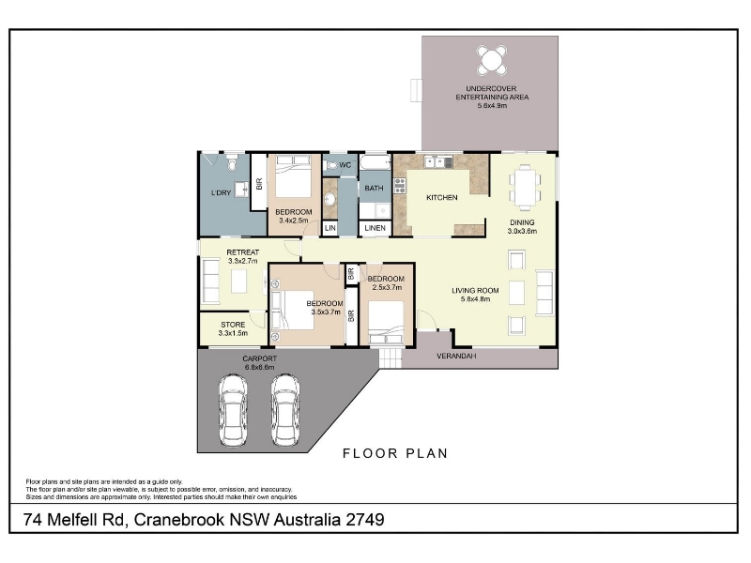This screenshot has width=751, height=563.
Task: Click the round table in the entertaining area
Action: coord(492,60)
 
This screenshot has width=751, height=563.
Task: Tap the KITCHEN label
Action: coord(441,197)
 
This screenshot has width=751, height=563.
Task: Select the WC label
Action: coord(345,165)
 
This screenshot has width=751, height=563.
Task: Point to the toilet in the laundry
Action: coord(232,162)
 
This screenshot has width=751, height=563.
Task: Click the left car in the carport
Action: coord(233,410)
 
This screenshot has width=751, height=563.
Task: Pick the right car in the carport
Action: coord(285,410)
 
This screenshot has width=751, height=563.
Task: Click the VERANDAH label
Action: coord(456,357)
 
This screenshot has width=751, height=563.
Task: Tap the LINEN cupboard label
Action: coord(375,228)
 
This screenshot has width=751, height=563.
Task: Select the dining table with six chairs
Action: coord(525,188)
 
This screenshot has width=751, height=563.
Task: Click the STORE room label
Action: coord(233,325)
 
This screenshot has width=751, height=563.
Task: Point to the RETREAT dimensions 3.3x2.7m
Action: coord(243,261)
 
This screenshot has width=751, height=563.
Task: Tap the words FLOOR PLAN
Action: coord(395,453)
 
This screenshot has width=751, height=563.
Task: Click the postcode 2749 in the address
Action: coord(365,520)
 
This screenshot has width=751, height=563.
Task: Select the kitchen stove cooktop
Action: coord(400,185)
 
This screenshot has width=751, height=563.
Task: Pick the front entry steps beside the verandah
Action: coord(391,358)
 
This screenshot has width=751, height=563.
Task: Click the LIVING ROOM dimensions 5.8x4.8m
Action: coord(476,299)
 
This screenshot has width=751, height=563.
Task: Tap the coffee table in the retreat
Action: coord(239,281)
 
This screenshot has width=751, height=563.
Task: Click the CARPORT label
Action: coord(260,358)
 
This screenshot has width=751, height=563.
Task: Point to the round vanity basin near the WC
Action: coord(330,198)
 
